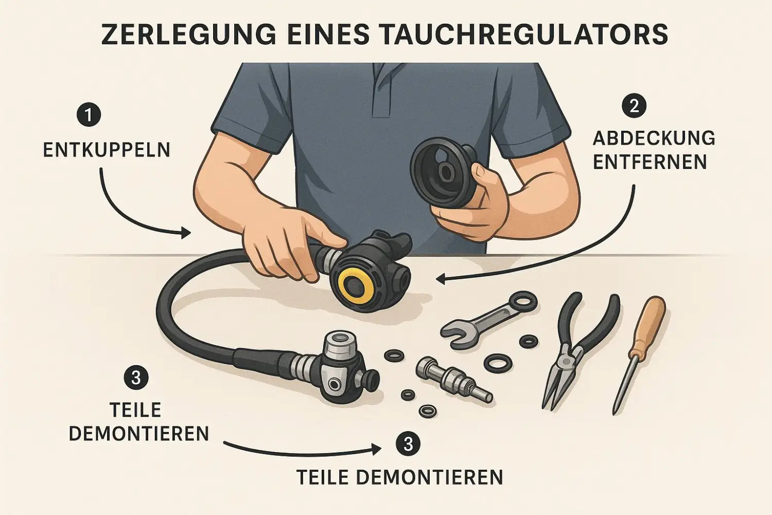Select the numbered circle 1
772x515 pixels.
[x=89, y=115]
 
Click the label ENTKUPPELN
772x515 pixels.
[x=107, y=150]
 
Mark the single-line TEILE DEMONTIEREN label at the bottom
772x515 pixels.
[x=400, y=477]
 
